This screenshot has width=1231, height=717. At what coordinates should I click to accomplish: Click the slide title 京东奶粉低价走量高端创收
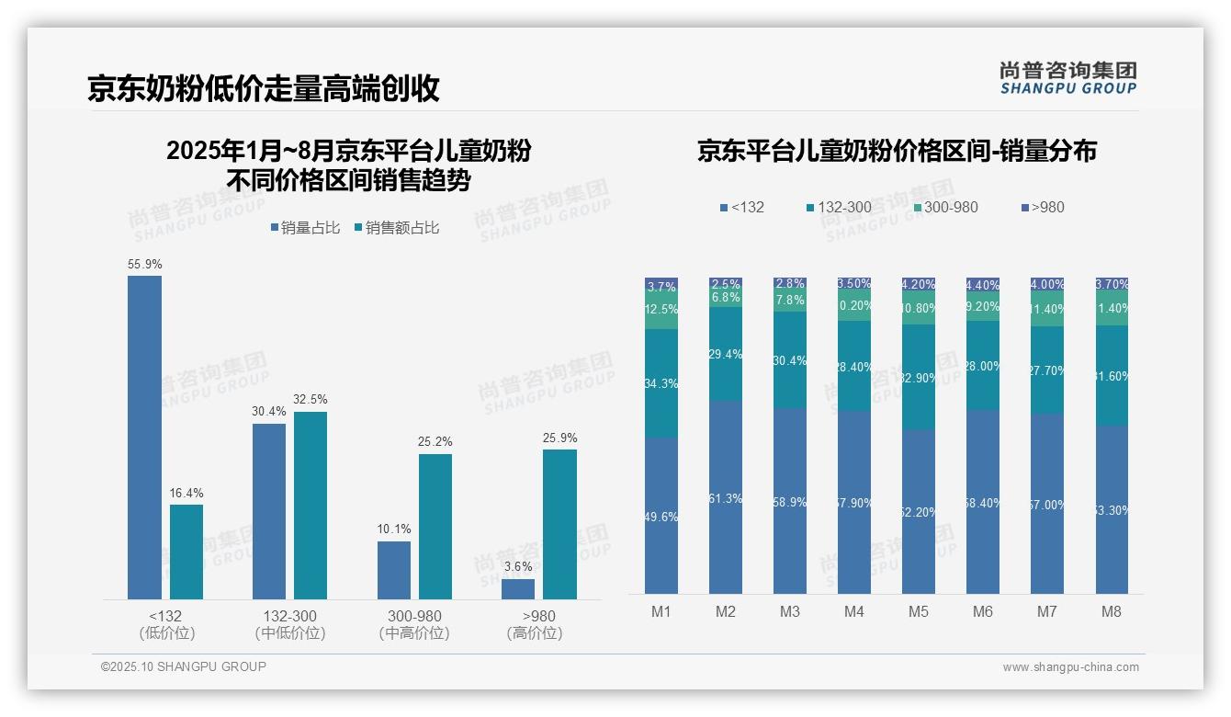click(264, 88)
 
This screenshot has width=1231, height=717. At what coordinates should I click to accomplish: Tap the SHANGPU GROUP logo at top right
click(1067, 78)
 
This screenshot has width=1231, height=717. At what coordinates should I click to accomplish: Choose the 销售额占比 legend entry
click(396, 228)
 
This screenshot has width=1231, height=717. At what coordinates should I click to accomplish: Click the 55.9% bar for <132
click(144, 437)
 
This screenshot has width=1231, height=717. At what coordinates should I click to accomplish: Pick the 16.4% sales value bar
click(186, 552)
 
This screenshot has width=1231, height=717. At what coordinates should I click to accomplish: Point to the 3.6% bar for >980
click(518, 588)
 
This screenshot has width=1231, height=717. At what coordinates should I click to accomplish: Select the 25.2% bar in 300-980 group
click(435, 526)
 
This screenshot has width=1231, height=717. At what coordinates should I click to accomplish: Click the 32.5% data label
click(311, 400)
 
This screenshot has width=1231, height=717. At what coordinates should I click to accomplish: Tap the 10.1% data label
click(394, 529)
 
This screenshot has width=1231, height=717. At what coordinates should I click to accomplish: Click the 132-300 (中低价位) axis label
click(290, 624)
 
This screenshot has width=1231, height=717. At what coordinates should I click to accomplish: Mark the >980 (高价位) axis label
click(535, 624)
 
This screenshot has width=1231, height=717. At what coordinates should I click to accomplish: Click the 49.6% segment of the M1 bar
click(661, 516)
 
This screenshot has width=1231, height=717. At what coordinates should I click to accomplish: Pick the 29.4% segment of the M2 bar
click(726, 354)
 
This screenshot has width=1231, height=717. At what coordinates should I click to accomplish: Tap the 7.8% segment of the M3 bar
click(789, 301)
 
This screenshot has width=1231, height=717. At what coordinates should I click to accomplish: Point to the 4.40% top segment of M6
click(982, 285)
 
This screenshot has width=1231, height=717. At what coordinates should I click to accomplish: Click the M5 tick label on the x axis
click(919, 612)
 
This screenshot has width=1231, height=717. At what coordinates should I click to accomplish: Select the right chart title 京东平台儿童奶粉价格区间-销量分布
click(897, 152)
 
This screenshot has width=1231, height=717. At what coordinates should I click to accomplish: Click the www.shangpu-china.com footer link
click(1070, 667)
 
